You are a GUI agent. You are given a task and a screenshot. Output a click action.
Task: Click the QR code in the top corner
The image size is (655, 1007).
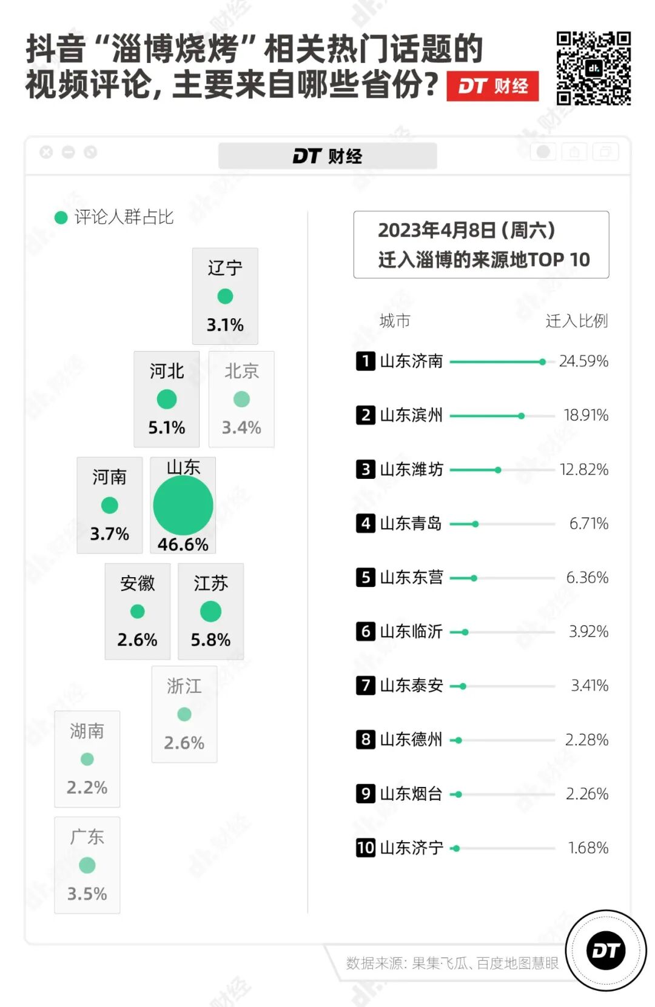pyautogui.click(x=593, y=69)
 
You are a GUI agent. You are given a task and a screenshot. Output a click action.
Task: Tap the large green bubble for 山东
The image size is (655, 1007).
pyautogui.click(x=183, y=505)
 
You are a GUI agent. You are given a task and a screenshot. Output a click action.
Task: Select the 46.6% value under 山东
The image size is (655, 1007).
pyautogui.click(x=183, y=544)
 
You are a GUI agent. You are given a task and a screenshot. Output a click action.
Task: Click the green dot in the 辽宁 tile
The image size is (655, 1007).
pyautogui.click(x=225, y=296)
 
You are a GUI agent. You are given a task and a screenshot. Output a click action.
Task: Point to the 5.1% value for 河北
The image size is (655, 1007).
pyautogui.click(x=167, y=427)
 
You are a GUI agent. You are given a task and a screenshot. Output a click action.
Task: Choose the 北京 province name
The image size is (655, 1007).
pyautogui.click(x=241, y=371)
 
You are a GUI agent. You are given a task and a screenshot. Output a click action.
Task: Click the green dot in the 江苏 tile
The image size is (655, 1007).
pyautogui.click(x=210, y=611)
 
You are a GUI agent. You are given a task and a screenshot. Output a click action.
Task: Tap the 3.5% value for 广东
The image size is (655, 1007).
pyautogui.click(x=87, y=894)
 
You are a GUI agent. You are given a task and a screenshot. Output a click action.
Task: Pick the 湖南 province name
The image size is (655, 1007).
pyautogui.click(x=87, y=731)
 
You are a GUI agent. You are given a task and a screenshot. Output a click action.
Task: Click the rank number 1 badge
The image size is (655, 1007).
pyautogui.click(x=365, y=361)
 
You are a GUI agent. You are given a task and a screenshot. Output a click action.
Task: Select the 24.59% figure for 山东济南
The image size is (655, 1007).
pyautogui.click(x=583, y=361)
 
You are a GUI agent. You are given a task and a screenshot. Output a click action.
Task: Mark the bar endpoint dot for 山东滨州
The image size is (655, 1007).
pyautogui.click(x=521, y=416)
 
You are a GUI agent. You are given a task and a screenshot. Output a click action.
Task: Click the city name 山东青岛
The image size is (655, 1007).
pyautogui.click(x=411, y=523)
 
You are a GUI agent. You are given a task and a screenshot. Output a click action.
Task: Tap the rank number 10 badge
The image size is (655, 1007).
pyautogui.click(x=365, y=848)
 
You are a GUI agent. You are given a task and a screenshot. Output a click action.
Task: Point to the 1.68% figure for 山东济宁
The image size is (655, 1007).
pyautogui.click(x=588, y=848)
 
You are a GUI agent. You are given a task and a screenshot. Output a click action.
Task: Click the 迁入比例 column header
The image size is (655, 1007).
pyautogui.click(x=576, y=321)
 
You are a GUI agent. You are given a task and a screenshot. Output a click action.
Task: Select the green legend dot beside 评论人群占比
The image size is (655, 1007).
pyautogui.click(x=61, y=218)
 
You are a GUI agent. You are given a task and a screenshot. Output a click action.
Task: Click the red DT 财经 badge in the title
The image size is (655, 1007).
pyautogui.click(x=492, y=86)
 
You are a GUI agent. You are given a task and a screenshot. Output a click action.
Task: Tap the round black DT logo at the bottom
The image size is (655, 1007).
pyautogui.click(x=605, y=951)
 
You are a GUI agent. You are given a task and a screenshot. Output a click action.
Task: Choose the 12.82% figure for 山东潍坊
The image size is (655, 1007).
pyautogui.click(x=583, y=470)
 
